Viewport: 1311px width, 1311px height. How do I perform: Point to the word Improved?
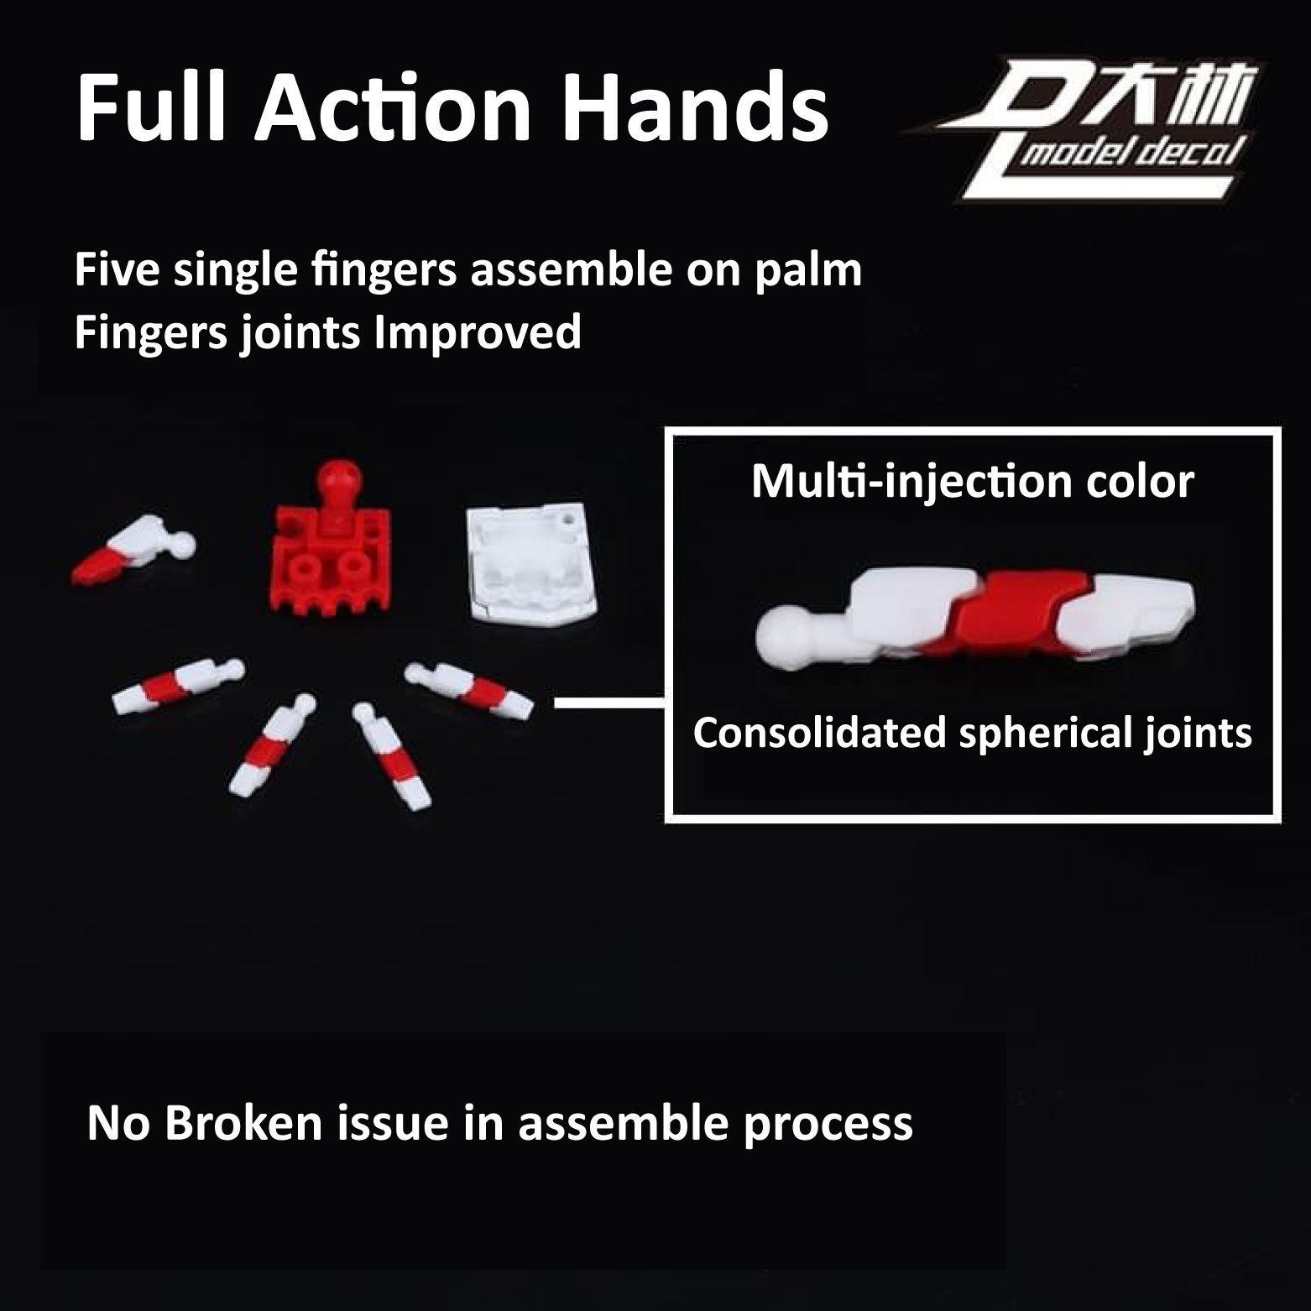click(x=478, y=332)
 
